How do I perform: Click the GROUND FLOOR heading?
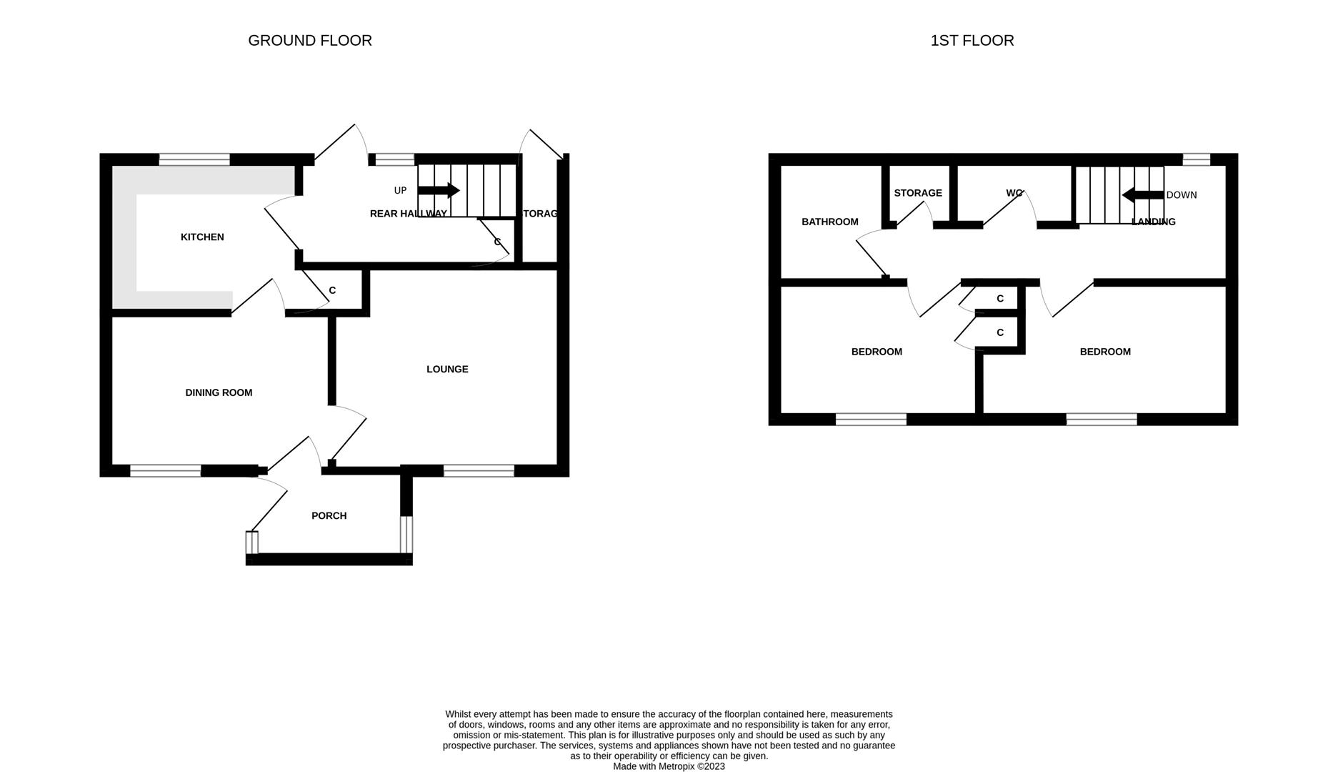pos(309,41)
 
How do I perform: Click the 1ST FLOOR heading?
pos(972,41)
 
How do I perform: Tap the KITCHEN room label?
pos(202,237)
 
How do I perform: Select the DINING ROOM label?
pos(219,392)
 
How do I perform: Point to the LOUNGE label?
pos(447,370)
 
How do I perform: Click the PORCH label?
pos(329,516)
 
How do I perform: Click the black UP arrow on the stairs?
pos(438,190)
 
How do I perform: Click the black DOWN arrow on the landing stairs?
pos(1142,194)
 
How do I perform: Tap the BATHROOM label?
pos(829,222)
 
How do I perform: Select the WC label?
pos(1014,193)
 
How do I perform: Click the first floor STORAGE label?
pos(917,193)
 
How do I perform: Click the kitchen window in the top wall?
pos(194,159)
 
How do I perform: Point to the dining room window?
pos(165,470)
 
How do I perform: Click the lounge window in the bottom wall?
pos(479,470)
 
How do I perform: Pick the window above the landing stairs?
pos(1196,159)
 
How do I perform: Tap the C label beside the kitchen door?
pos(332,290)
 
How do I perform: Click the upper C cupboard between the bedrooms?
pos(999,299)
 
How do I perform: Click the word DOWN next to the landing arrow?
pos(1181,195)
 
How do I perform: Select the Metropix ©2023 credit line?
pos(669,766)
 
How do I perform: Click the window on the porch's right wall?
pos(406,534)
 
